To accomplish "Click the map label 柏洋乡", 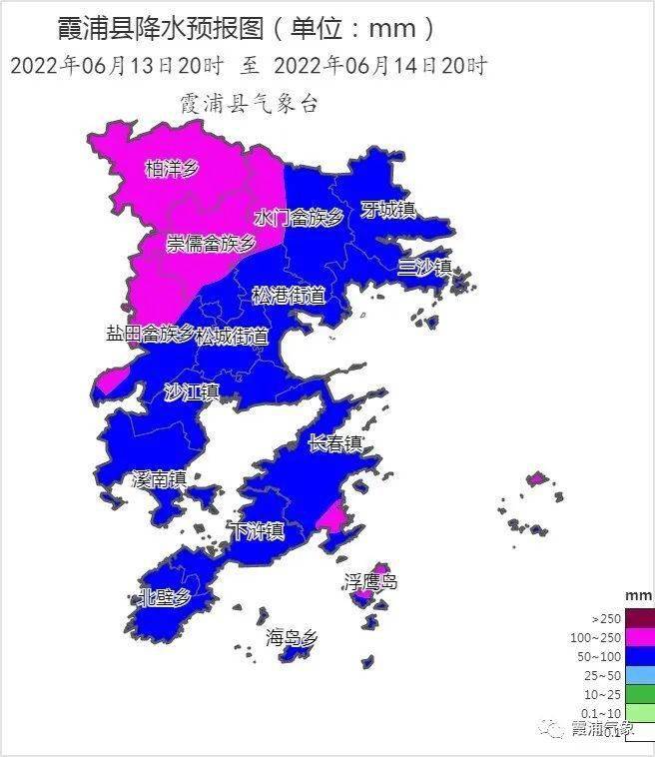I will [x=172, y=168].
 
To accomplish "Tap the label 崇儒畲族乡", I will [x=211, y=243].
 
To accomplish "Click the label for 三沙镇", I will [x=424, y=267].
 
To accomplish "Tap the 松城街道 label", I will [x=232, y=337].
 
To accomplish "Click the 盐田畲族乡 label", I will [x=150, y=333].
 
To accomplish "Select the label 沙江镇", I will [x=191, y=391].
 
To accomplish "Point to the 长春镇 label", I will [x=334, y=443].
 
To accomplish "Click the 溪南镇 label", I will [x=160, y=479].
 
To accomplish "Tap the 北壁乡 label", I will [x=164, y=597].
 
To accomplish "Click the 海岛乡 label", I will [x=292, y=636].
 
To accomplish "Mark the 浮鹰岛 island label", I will [x=370, y=581].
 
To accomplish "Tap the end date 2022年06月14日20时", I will [x=379, y=67].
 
